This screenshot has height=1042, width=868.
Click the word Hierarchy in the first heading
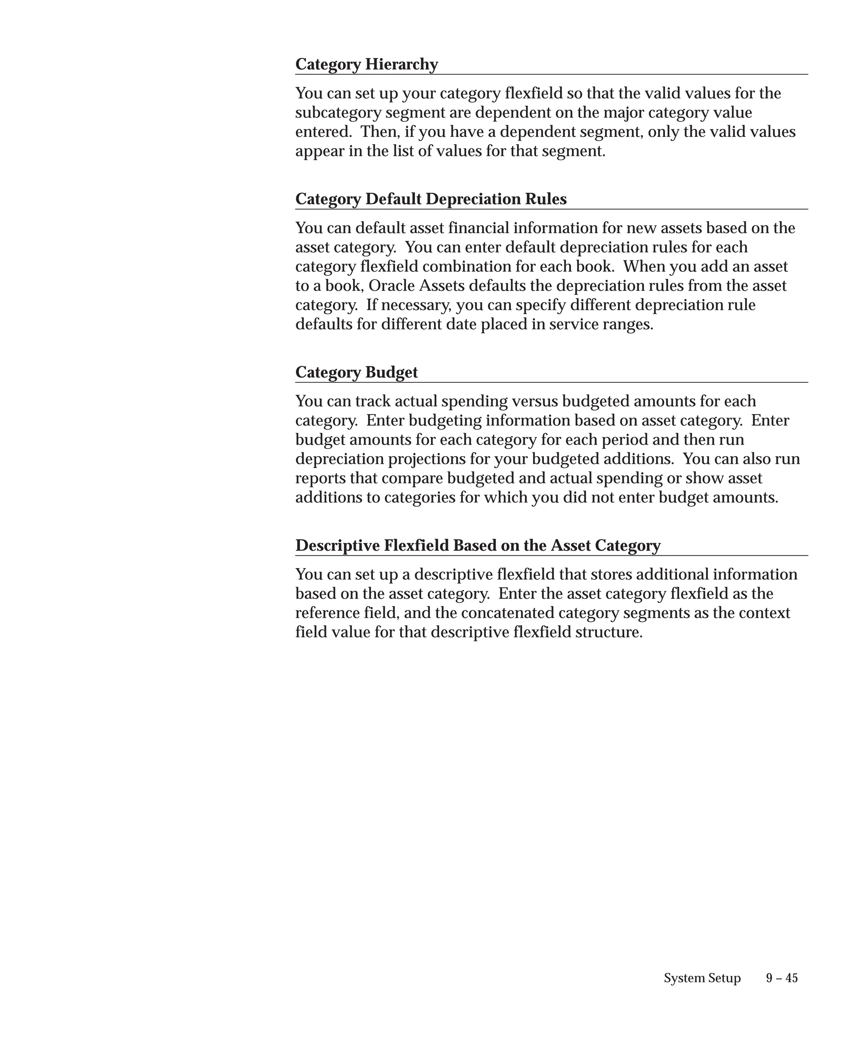click(x=401, y=64)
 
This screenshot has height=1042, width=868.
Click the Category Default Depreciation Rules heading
click(x=431, y=199)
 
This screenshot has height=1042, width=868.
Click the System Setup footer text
click(x=702, y=978)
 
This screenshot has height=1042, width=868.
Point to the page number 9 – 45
click(x=782, y=978)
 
